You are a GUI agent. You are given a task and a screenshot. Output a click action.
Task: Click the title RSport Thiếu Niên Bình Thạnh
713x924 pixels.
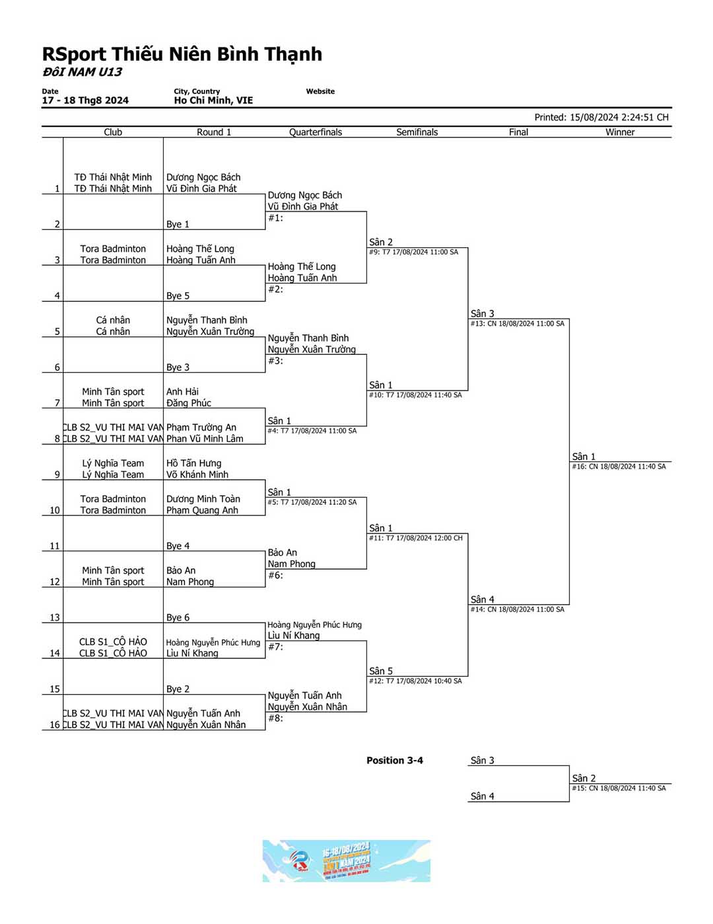click(182, 54)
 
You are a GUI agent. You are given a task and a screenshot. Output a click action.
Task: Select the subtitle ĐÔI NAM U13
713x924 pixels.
click(83, 72)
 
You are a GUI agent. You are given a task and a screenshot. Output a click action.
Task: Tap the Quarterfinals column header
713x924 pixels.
click(316, 132)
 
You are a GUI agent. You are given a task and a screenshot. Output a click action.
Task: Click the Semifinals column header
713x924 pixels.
click(417, 132)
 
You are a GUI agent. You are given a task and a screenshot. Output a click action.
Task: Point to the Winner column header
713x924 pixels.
click(620, 132)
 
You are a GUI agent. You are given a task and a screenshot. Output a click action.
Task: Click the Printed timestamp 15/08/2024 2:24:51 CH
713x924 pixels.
click(601, 118)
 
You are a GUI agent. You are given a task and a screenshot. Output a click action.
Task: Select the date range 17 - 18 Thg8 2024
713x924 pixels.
click(85, 100)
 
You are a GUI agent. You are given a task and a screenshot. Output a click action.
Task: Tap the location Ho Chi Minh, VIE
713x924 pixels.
click(213, 100)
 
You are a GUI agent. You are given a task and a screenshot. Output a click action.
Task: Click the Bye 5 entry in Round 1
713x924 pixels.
click(178, 296)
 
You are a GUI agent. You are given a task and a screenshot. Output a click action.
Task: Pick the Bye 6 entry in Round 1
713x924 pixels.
click(178, 617)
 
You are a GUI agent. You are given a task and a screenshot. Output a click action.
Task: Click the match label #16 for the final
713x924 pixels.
click(619, 467)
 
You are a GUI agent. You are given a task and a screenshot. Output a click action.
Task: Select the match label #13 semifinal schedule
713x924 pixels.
click(517, 324)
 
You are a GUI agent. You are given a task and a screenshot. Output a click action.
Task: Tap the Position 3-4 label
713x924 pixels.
click(395, 761)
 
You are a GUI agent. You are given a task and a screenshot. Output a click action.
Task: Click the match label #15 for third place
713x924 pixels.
click(619, 789)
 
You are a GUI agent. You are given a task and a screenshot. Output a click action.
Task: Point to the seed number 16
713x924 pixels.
click(55, 725)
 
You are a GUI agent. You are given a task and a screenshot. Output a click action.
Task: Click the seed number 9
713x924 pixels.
click(57, 475)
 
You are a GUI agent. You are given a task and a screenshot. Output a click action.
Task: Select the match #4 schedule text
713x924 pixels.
click(312, 431)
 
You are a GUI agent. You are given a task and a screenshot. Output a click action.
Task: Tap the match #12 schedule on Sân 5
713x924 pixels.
click(415, 681)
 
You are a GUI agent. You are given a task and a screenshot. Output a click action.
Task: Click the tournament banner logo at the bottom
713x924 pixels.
click(346, 861)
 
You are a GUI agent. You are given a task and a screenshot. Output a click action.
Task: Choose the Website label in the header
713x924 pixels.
click(320, 91)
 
